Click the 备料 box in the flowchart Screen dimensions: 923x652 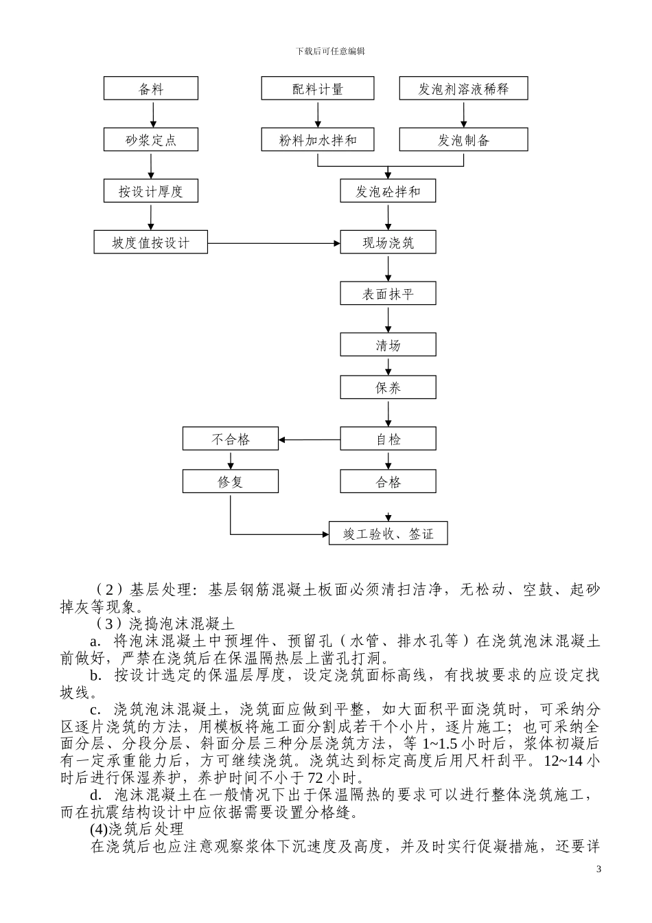(151, 89)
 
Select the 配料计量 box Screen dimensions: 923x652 (318, 89)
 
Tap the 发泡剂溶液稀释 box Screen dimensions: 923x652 (463, 89)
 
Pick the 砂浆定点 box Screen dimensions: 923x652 (151, 140)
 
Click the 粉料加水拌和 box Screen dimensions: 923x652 (318, 140)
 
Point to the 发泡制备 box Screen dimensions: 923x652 (463, 140)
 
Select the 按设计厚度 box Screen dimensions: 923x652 (151, 192)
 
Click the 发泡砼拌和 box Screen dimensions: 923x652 (388, 192)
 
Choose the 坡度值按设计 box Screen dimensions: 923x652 (151, 242)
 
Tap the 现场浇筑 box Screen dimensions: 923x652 (388, 242)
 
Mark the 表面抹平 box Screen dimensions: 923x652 (388, 294)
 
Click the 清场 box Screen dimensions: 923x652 (388, 345)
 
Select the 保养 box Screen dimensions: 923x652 (388, 388)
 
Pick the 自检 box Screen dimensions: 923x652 (388, 439)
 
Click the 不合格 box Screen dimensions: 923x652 (231, 439)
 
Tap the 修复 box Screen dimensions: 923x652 (231, 481)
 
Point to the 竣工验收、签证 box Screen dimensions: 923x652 (388, 534)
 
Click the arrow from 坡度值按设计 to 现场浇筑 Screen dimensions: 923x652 (275, 242)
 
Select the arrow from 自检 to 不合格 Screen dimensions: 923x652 (310, 439)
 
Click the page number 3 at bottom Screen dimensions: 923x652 (598, 869)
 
